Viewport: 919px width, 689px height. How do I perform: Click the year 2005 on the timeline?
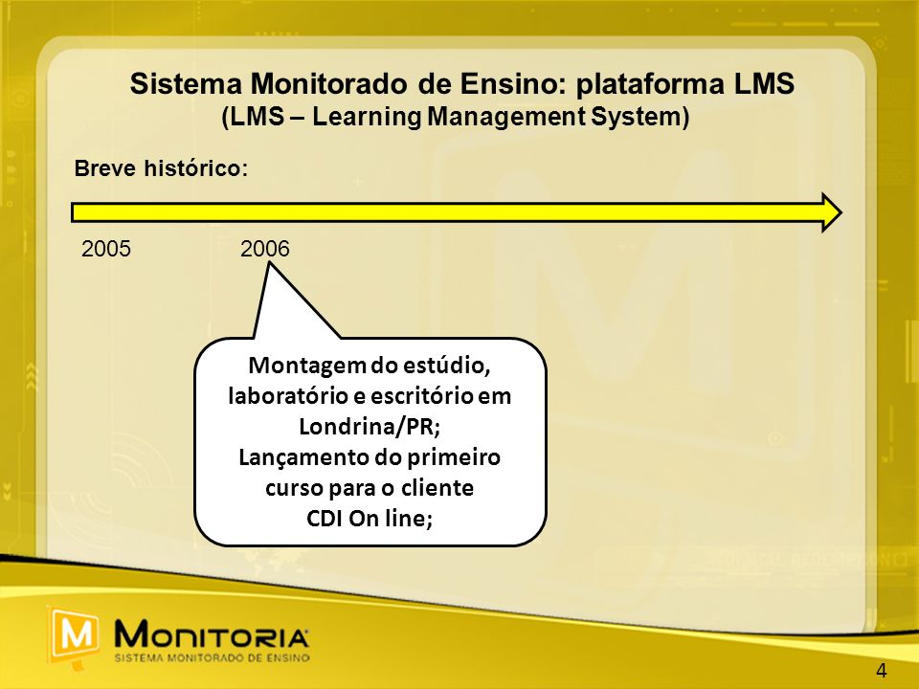pos(106,249)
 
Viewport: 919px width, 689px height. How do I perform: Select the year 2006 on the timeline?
pos(265,249)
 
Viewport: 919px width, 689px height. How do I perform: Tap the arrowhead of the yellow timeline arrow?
pos(832,212)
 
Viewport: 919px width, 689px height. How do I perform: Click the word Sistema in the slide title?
pos(186,84)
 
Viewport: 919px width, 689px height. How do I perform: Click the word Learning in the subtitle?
pos(366,117)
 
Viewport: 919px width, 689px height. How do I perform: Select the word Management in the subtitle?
pos(506,117)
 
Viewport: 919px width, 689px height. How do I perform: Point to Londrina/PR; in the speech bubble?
pos(370,427)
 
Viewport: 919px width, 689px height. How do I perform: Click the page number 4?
pos(882,671)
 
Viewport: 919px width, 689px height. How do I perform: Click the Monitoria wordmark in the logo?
pos(212,634)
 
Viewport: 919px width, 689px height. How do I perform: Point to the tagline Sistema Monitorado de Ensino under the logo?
pos(213,658)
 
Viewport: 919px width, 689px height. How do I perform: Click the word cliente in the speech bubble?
pos(437,488)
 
